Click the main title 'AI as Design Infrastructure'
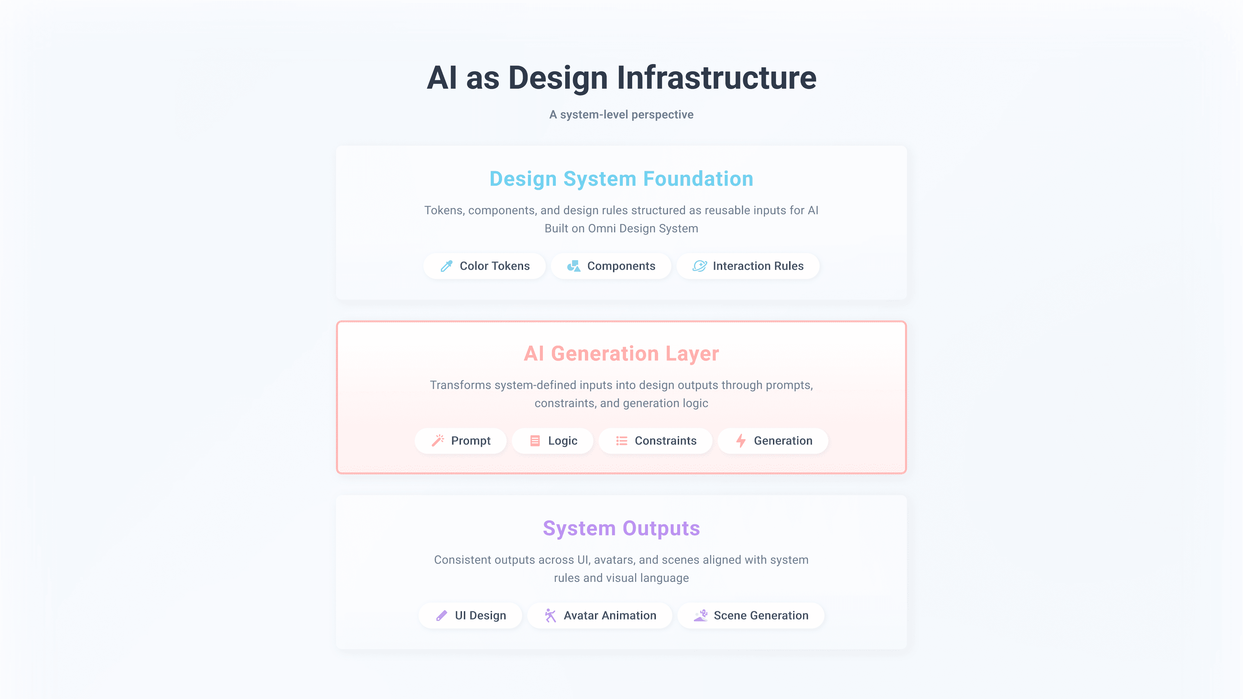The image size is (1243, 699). (x=621, y=78)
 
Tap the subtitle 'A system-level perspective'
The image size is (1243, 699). (x=621, y=115)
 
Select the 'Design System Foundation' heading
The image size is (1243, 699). (x=621, y=179)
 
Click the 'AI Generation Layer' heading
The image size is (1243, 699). (x=621, y=354)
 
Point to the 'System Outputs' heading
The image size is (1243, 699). (x=621, y=528)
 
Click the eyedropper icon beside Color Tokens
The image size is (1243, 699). (x=446, y=266)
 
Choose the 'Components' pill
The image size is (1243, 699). (x=611, y=266)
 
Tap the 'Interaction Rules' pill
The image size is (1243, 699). (x=748, y=266)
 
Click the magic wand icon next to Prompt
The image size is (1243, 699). (x=438, y=441)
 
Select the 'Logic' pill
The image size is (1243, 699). (x=553, y=441)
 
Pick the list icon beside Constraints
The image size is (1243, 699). (x=621, y=441)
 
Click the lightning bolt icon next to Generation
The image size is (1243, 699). (x=741, y=441)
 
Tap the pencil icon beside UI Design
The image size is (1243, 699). (x=442, y=616)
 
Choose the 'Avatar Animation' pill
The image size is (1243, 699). (x=600, y=616)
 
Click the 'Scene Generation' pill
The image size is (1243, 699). (x=751, y=616)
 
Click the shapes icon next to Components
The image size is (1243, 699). (x=574, y=266)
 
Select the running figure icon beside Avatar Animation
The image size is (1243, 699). (x=550, y=616)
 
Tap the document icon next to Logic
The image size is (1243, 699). (x=535, y=441)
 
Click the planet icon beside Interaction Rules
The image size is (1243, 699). (x=700, y=266)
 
